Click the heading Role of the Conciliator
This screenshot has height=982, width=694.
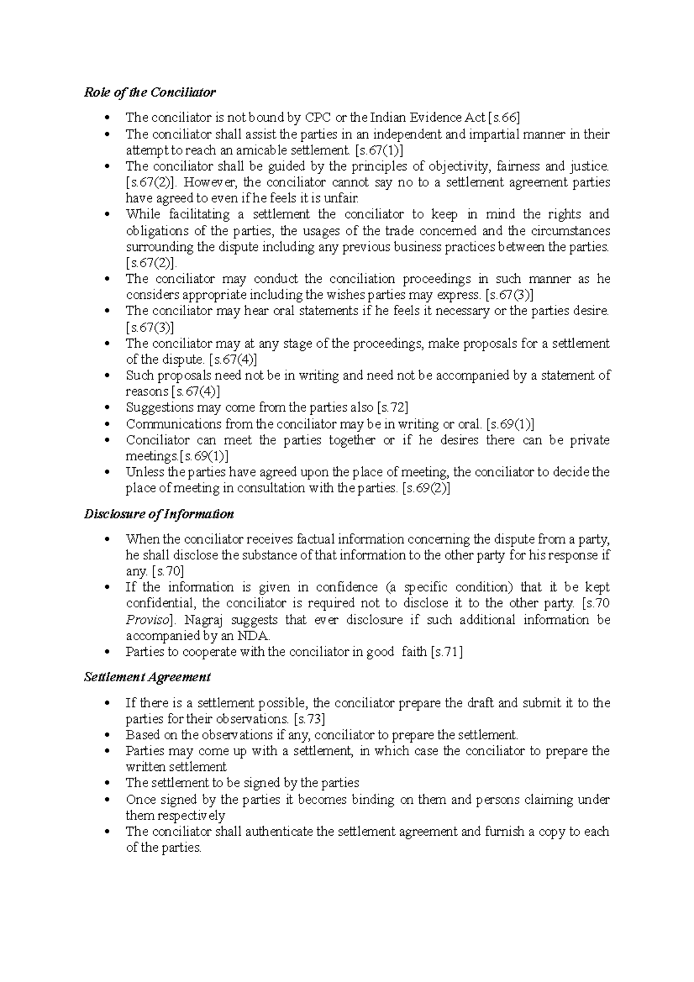click(x=149, y=93)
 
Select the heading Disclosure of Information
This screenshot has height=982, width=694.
click(x=158, y=514)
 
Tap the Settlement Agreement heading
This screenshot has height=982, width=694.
click(x=147, y=677)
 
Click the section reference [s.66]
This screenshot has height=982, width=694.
click(x=504, y=118)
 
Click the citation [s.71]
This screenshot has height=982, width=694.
click(x=446, y=652)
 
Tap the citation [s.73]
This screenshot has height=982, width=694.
click(x=309, y=719)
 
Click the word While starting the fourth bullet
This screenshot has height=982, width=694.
click(x=143, y=215)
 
